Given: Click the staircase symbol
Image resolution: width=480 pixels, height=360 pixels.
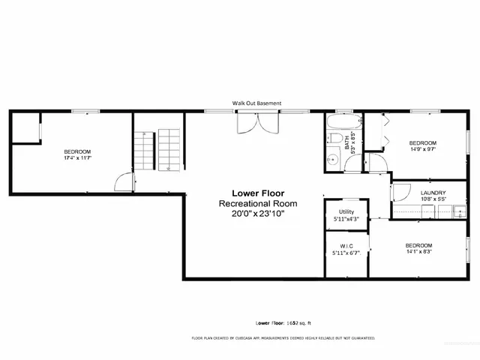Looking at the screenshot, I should pyautogui.click(x=158, y=148).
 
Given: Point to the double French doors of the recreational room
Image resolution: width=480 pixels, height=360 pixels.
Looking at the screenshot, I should pyautogui.click(x=256, y=124).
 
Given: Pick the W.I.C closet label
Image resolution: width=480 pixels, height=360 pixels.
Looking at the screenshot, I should pyautogui.click(x=346, y=248).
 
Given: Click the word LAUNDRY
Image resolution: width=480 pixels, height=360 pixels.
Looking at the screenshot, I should pyautogui.click(x=433, y=193).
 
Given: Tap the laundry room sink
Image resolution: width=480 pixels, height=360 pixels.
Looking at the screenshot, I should pyautogui.click(x=458, y=212).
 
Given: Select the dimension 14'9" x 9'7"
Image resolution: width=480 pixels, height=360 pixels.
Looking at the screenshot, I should pyautogui.click(x=421, y=148).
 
